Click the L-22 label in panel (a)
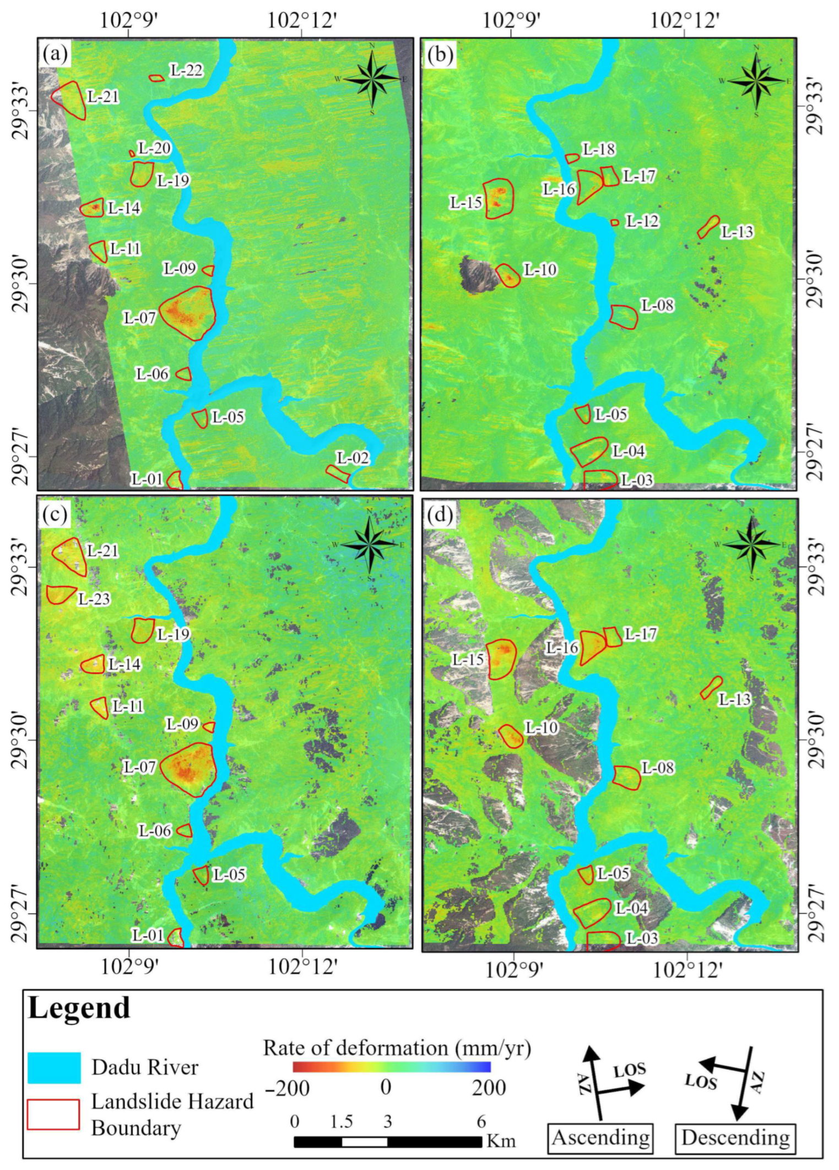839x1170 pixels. pyautogui.click(x=186, y=70)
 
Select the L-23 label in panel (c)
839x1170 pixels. pyautogui.click(x=94, y=599)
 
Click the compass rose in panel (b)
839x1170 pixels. pyautogui.click(x=757, y=81)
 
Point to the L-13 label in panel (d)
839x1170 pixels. pyautogui.click(x=734, y=700)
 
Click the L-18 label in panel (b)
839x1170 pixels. pyautogui.click(x=599, y=149)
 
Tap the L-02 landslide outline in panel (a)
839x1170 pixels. pyautogui.click(x=337, y=474)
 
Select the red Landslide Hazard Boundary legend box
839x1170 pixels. pyautogui.click(x=53, y=1114)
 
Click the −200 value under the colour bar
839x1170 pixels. pyautogui.click(x=286, y=1089)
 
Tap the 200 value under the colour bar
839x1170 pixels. pyautogui.click(x=489, y=1089)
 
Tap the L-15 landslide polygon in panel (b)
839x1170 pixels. pyautogui.click(x=499, y=198)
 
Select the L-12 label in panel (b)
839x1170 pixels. pyautogui.click(x=642, y=221)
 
